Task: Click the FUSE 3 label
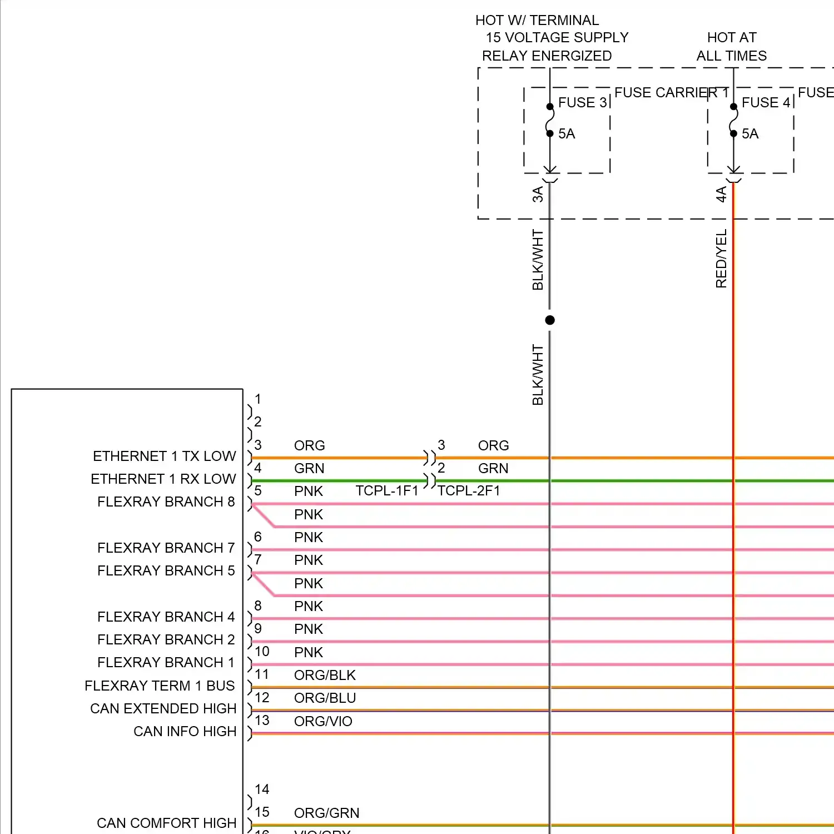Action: [x=582, y=103]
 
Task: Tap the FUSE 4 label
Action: [x=766, y=103]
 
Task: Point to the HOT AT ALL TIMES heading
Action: [x=731, y=47]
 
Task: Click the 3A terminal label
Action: [x=538, y=194]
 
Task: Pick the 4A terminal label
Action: [x=721, y=194]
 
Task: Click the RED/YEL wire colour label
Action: [x=721, y=259]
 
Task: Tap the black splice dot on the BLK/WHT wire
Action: [x=550, y=320]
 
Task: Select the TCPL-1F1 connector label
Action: [x=386, y=491]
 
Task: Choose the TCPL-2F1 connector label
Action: [x=469, y=491]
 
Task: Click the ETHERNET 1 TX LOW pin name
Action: [x=164, y=456]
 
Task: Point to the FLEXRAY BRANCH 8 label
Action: [x=166, y=502]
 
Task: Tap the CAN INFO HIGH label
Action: [x=185, y=732]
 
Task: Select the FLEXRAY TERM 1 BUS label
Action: [x=160, y=686]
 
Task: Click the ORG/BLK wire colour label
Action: [x=325, y=676]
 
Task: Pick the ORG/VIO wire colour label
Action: [x=323, y=722]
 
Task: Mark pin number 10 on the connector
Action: [x=262, y=652]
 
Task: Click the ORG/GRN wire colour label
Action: [x=326, y=813]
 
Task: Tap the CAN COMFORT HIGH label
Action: [x=166, y=823]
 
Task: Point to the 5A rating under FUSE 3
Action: [x=567, y=134]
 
